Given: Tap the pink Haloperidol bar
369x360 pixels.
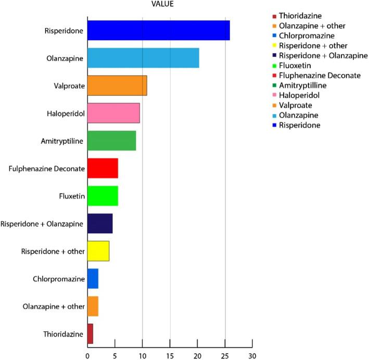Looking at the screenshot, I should [x=113, y=113].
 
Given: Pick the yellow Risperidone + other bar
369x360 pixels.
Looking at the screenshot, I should [x=98, y=251].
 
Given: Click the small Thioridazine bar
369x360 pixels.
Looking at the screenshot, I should [x=90, y=333].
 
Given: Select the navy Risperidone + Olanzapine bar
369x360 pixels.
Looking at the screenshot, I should [x=100, y=223].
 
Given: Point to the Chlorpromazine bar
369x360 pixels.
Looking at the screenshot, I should [x=93, y=278].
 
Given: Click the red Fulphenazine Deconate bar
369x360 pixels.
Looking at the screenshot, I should [x=103, y=168].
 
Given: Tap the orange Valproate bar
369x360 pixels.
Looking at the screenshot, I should [x=117, y=85].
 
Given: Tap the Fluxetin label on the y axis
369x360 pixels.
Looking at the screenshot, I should [x=71, y=196].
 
